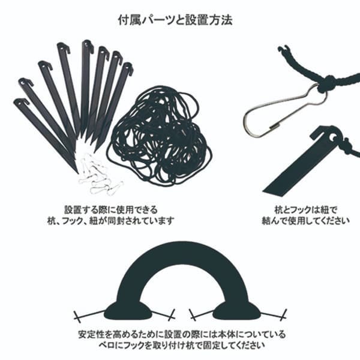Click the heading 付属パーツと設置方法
point(175,20)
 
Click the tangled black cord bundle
point(161,136)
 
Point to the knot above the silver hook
point(327,83)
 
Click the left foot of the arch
point(128,310)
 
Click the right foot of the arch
point(237,310)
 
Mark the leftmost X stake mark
point(77,317)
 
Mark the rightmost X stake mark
point(284,315)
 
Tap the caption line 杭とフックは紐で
point(305,209)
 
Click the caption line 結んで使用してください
point(305,221)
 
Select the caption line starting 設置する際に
point(111,209)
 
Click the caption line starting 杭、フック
point(111,221)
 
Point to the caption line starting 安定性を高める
point(182,334)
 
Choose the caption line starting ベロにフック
point(182,345)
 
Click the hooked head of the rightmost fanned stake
point(128,68)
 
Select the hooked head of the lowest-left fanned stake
point(21,102)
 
